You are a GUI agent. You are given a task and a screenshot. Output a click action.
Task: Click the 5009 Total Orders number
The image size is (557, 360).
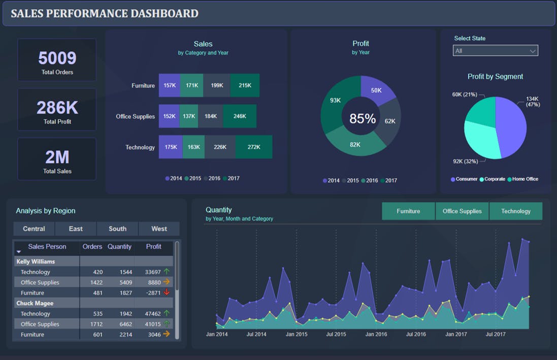coord(57,58)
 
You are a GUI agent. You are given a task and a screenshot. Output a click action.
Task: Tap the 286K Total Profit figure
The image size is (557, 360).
coord(57,108)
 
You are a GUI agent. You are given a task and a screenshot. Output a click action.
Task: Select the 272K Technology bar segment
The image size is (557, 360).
coord(253,147)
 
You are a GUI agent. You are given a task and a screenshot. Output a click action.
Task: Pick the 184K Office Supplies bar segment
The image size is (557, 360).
coord(210,116)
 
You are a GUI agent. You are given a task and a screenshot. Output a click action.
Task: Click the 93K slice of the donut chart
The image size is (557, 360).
coord(335,101)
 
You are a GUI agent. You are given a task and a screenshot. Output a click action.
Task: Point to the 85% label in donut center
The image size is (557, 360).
coord(362,119)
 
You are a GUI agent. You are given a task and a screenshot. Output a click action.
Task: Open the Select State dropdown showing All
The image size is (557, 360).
coord(495,51)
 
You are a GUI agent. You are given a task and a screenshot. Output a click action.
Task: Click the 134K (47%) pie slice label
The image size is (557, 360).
coord(532,102)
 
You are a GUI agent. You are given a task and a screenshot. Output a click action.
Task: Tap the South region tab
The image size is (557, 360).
coord(117,228)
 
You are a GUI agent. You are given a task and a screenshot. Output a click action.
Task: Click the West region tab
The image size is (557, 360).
coord(159,228)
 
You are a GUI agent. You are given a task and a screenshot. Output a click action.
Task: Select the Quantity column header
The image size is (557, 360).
coord(119,247)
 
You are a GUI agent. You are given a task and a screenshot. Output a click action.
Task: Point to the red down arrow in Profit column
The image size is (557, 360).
coord(167,292)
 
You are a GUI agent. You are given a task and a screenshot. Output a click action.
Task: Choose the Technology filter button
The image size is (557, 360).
coord(515,211)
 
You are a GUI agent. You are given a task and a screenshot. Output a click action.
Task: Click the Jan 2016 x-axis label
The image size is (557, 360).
coord(376,335)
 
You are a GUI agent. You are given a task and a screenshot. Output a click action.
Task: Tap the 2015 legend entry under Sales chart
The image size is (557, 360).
coord(193,179)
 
